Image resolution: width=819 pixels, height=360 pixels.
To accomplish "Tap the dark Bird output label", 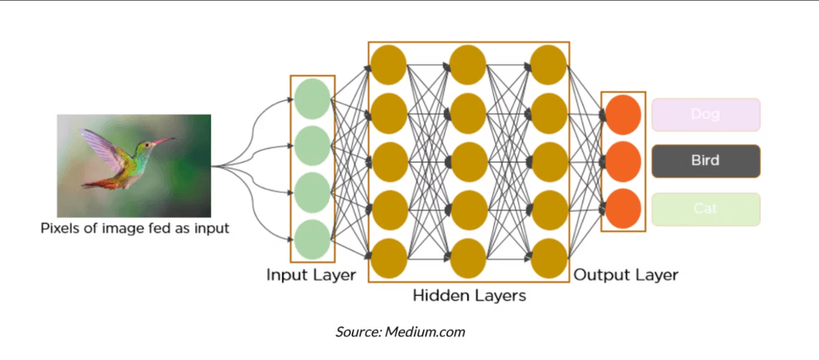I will click(x=705, y=161).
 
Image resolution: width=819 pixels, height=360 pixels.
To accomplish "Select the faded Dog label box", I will click(x=705, y=114).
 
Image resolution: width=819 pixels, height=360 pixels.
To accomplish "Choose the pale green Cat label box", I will click(x=705, y=209).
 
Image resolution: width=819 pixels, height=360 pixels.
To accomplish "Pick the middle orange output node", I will click(x=623, y=161).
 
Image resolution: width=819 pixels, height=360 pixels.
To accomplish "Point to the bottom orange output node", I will click(x=623, y=208).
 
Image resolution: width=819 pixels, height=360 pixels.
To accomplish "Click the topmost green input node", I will click(x=312, y=99).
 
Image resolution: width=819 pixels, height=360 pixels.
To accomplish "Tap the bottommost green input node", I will click(x=312, y=239).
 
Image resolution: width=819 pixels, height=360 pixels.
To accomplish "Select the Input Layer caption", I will click(x=311, y=274).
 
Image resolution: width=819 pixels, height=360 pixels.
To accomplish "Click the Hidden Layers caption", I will click(x=469, y=296).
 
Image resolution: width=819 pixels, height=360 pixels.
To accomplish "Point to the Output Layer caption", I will click(x=626, y=274).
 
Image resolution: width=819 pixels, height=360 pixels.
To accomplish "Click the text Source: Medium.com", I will click(x=400, y=332).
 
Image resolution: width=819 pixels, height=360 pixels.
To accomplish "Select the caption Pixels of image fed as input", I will click(x=134, y=227).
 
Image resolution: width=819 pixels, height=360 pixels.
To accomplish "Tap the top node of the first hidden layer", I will click(x=388, y=65).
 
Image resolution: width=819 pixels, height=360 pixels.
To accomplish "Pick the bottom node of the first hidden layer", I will click(x=388, y=258).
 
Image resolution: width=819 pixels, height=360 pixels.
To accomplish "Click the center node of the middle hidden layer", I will click(x=468, y=161).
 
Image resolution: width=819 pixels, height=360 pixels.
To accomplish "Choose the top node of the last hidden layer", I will click(x=549, y=65).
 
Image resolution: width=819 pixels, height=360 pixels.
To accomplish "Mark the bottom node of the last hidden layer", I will click(x=549, y=258).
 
